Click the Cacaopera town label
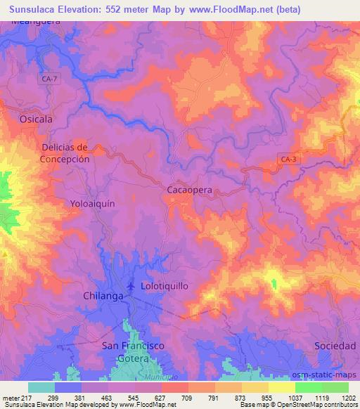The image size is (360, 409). [x=190, y=190]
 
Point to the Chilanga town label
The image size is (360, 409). [x=103, y=296]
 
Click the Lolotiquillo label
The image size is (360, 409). [x=169, y=287]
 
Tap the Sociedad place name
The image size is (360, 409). [x=334, y=346]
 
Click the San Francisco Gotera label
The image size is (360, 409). [x=134, y=352]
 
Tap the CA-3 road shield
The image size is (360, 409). [x=288, y=160]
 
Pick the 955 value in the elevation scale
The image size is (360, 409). [x=266, y=398]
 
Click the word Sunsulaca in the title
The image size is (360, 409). [x=29, y=7]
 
